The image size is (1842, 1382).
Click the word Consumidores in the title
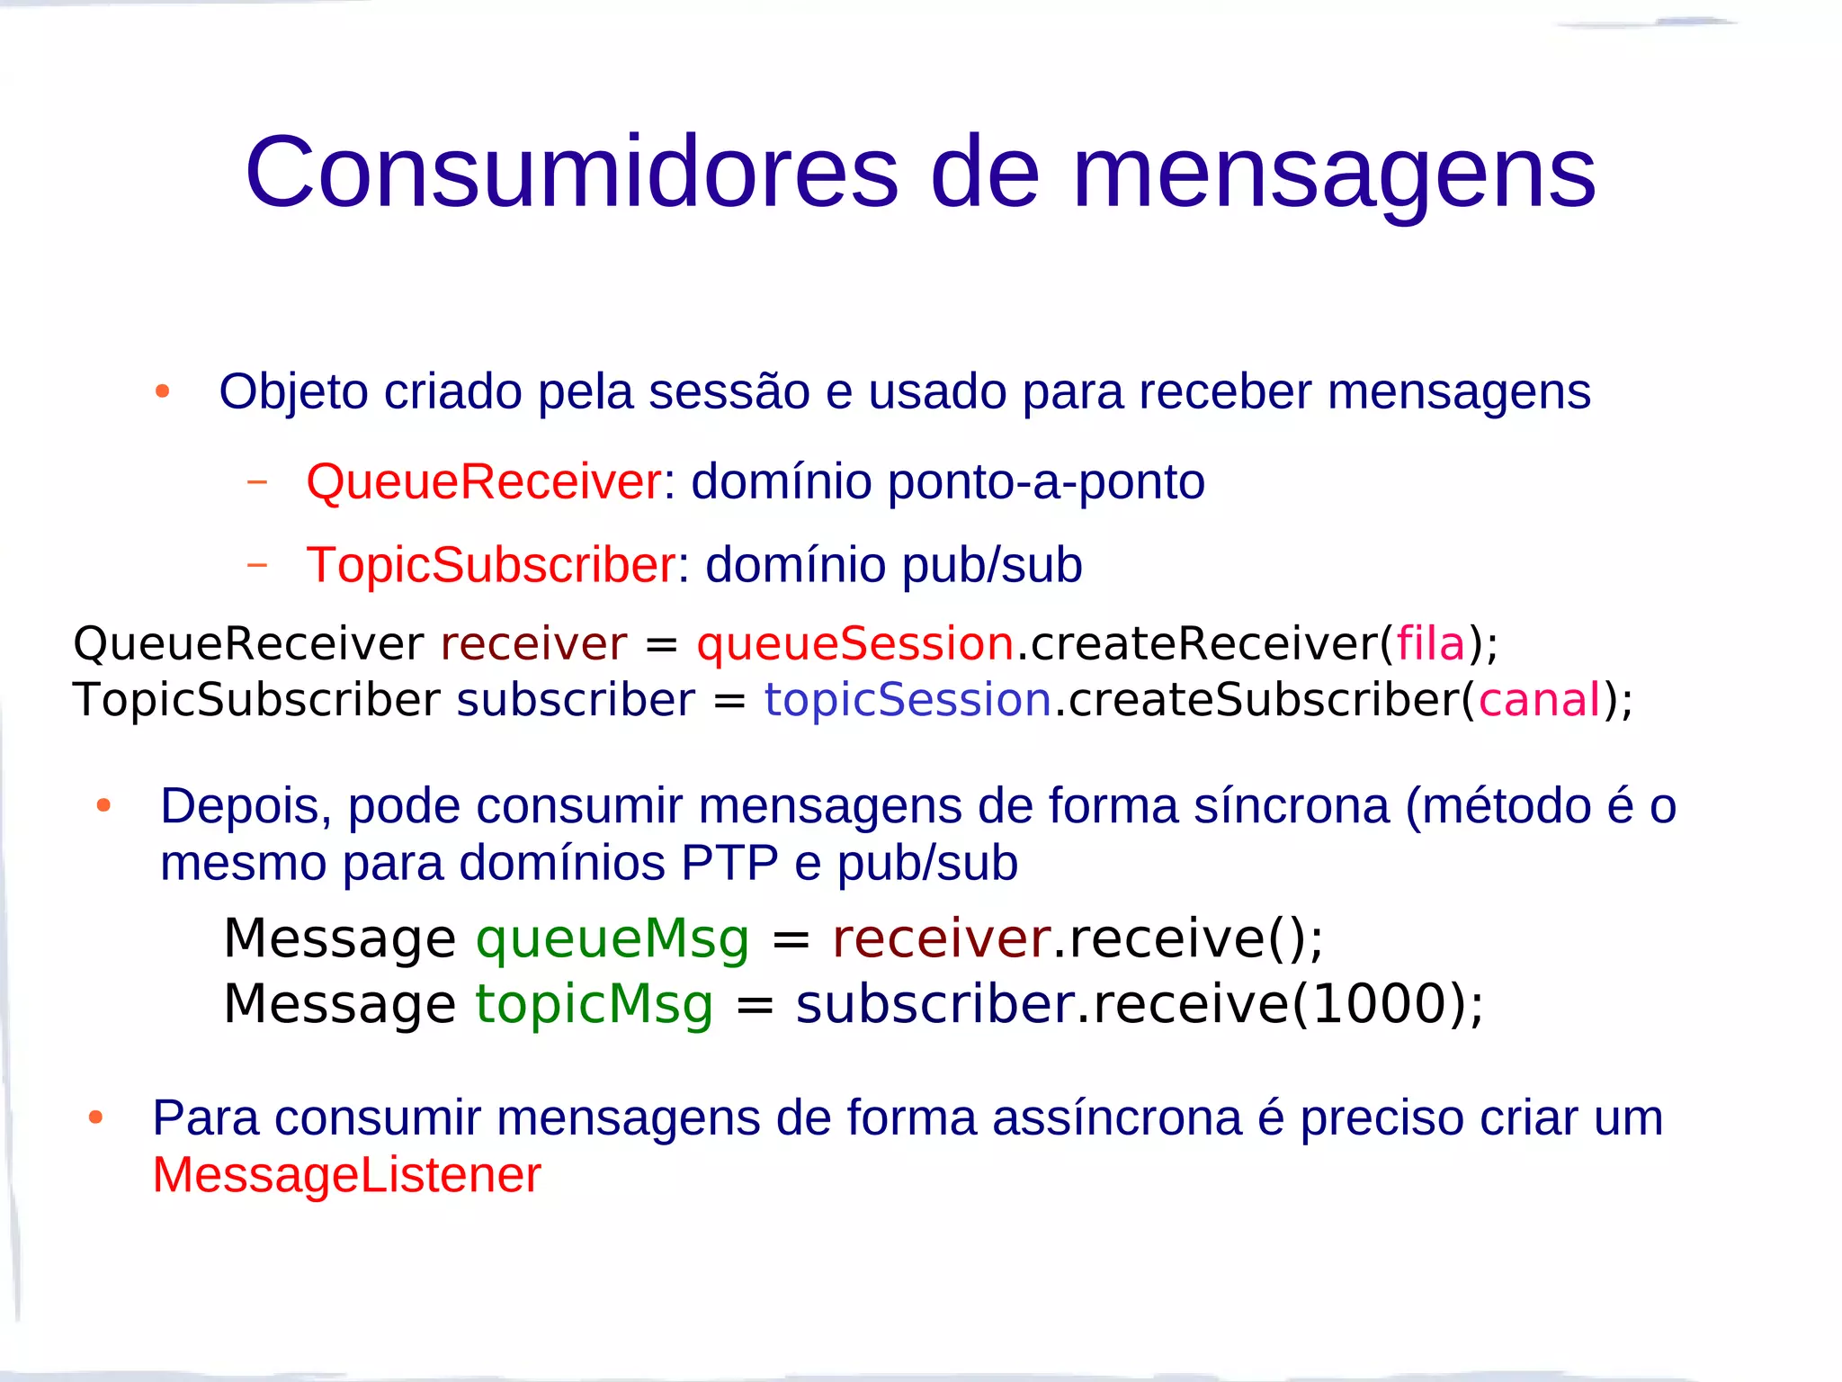pos(572,172)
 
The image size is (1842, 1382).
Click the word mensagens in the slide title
pos(1334,176)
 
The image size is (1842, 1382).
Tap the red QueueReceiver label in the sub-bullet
pos(484,481)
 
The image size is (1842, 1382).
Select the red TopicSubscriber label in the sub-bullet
pos(490,565)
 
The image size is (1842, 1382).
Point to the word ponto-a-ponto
pos(1046,482)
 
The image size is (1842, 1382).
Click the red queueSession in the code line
pos(854,644)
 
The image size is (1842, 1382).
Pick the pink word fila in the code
pos(1430,644)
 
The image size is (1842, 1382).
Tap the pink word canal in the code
pos(1540,700)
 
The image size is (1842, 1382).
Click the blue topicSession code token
pos(908,700)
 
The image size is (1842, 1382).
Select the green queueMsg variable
pos(612,939)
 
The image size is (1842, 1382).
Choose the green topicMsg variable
pos(594,1004)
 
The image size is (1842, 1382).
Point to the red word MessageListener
pos(347,1175)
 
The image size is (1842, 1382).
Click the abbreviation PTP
pos(729,864)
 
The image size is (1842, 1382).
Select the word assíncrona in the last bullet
pos(1116,1118)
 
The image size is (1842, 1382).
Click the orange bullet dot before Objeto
pos(163,391)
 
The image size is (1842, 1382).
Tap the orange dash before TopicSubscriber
pos(257,565)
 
